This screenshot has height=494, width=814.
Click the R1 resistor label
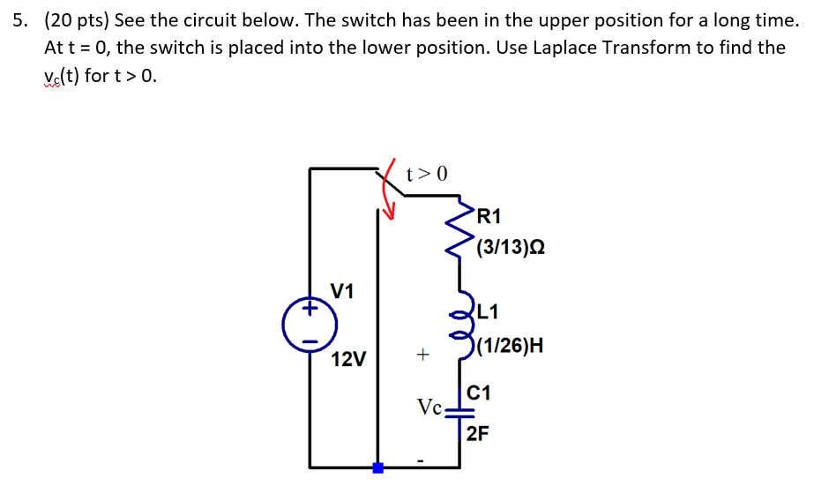(x=488, y=216)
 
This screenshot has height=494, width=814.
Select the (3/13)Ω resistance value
(x=510, y=248)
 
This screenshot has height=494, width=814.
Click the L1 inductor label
(x=488, y=311)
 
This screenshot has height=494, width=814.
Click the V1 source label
(x=342, y=290)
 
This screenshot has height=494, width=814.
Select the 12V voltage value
(x=348, y=359)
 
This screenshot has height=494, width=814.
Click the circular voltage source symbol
(x=309, y=326)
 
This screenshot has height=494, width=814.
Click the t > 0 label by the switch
(x=427, y=173)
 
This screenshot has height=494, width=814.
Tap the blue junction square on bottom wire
(x=377, y=468)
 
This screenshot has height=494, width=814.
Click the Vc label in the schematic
(x=430, y=408)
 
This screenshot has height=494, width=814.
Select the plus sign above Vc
(x=423, y=355)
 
